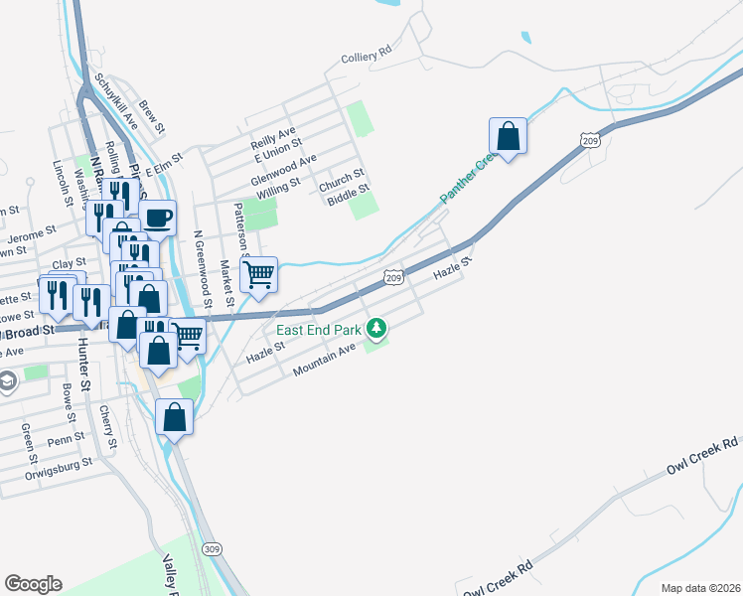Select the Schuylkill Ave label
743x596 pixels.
point(115,102)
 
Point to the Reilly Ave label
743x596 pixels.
point(273,134)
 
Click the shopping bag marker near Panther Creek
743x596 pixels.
point(508,137)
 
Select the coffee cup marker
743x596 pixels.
point(158,217)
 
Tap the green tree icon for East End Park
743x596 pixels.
point(376,327)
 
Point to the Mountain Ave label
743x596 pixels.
point(324,362)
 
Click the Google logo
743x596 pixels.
point(33,584)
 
